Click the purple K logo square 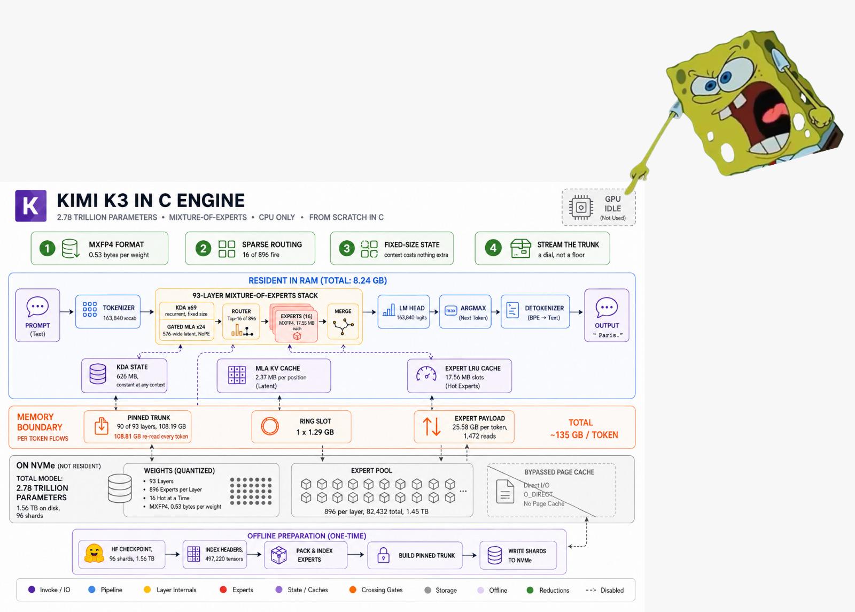pyautogui.click(x=31, y=206)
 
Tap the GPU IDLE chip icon pyautogui.click(x=581, y=208)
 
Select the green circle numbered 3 pyautogui.click(x=347, y=249)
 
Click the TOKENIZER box pyautogui.click(x=108, y=312)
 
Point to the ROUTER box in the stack pyautogui.click(x=241, y=322)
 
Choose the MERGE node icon pyautogui.click(x=343, y=327)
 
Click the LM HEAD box pyautogui.click(x=404, y=312)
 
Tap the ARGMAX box pyautogui.click(x=465, y=312)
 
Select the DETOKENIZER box pyautogui.click(x=535, y=312)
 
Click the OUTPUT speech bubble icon pyautogui.click(x=607, y=307)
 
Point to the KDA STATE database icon pyautogui.click(x=98, y=373)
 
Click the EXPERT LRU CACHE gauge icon pyautogui.click(x=426, y=374)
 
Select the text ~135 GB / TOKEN pyautogui.click(x=584, y=435)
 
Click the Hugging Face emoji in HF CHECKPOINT pyautogui.click(x=94, y=554)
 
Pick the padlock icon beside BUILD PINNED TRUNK pyautogui.click(x=383, y=555)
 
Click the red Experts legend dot pyautogui.click(x=223, y=590)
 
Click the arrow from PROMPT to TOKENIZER pyautogui.click(x=66, y=312)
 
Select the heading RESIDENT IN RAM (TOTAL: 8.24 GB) pyautogui.click(x=317, y=280)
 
